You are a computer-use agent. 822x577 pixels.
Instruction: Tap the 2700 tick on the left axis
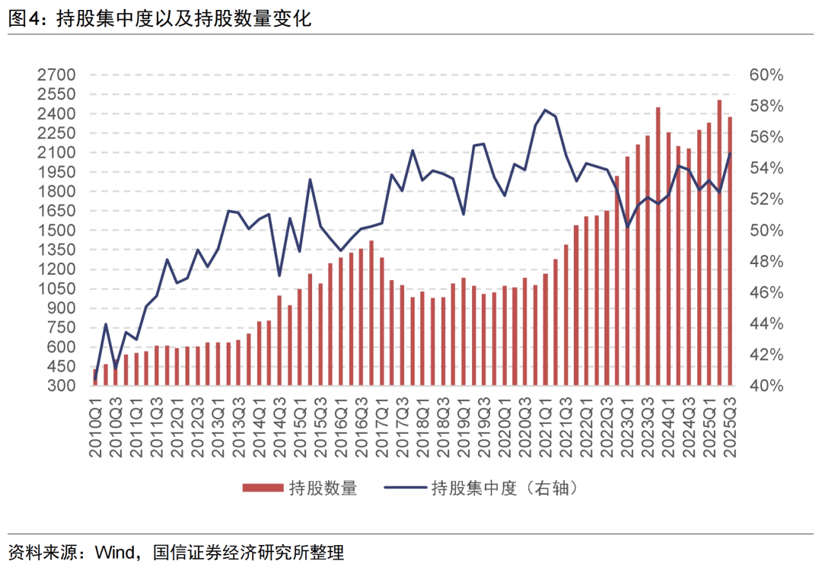click(x=56, y=75)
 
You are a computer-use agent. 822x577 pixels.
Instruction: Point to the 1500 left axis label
click(x=56, y=231)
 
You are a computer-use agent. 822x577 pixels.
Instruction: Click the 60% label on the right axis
click(x=766, y=75)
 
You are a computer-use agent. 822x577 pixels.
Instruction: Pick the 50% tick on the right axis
click(x=766, y=231)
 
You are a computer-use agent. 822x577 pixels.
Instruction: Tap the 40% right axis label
click(x=766, y=386)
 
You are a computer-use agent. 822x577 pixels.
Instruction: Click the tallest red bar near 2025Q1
click(x=718, y=244)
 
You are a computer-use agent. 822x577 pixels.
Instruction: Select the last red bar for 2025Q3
click(x=729, y=251)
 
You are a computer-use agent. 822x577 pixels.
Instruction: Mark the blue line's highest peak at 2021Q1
click(x=545, y=110)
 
